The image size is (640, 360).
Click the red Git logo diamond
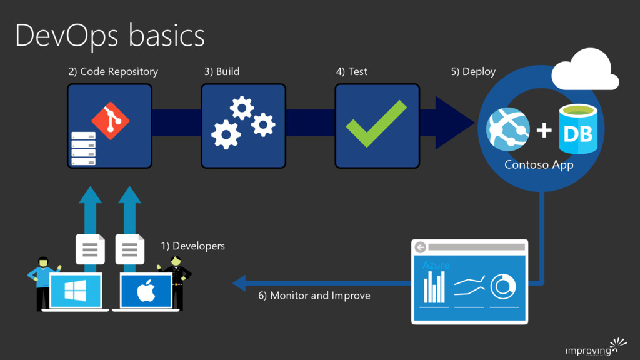[111, 121]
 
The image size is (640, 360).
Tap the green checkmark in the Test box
[376, 123]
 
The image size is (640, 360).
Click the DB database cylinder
[578, 129]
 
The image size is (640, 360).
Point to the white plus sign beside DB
[544, 130]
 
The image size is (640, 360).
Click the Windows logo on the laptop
[76, 290]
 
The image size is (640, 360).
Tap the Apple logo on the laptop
[146, 291]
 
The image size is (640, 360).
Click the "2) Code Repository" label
[113, 71]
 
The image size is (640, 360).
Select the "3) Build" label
[222, 71]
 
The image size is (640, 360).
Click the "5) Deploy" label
[473, 72]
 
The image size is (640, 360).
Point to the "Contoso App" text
[539, 164]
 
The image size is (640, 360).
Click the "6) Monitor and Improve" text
[314, 296]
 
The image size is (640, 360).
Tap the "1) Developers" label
[192, 246]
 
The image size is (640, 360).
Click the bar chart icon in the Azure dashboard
[434, 287]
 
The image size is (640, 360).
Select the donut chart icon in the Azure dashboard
[503, 286]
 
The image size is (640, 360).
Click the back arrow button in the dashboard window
[421, 247]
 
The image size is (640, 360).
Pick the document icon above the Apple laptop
[130, 249]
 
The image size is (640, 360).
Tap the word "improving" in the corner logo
[587, 351]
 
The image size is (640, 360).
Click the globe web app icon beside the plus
[508, 129]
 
